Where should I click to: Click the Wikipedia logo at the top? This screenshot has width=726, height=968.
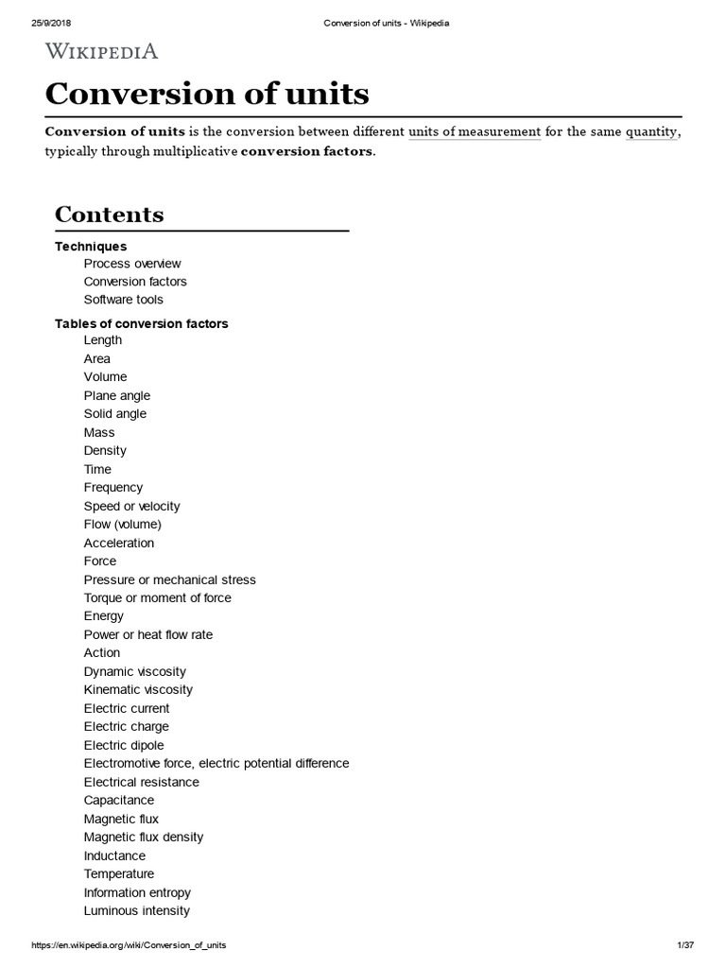[102, 50]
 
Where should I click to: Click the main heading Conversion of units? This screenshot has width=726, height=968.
[207, 94]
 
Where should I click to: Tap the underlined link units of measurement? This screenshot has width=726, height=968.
[475, 131]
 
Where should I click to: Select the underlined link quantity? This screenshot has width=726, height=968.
[650, 131]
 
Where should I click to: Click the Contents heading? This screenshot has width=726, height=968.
[110, 215]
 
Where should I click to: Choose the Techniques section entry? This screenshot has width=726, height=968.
[91, 247]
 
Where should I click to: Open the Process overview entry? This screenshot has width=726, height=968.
[132, 264]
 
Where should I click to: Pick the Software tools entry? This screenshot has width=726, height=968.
[123, 300]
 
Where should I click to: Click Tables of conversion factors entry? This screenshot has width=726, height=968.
[142, 323]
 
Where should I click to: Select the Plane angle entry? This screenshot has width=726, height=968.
[117, 395]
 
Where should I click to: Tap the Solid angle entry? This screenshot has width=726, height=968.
[115, 414]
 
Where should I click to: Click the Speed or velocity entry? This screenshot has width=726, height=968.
[131, 506]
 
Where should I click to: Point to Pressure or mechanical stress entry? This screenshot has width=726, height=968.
[170, 579]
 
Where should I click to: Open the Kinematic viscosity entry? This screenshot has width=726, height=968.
[138, 690]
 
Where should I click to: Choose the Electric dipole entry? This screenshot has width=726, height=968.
[124, 745]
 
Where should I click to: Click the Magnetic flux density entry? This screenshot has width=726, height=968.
[144, 837]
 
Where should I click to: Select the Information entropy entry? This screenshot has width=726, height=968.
[137, 892]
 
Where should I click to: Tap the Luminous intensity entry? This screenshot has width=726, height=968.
[137, 910]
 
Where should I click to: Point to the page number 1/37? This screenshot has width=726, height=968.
[686, 945]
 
